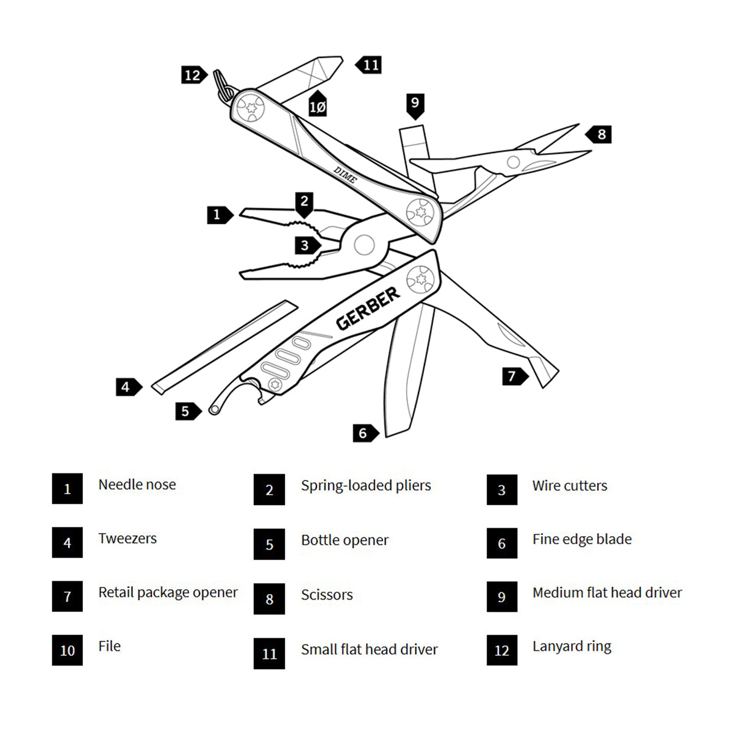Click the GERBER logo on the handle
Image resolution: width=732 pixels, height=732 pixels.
[x=368, y=308]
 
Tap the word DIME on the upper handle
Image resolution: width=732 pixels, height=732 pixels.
[x=345, y=174]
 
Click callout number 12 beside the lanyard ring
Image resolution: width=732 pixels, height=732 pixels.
[x=193, y=75]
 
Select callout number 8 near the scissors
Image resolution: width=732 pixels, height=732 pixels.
[x=600, y=134]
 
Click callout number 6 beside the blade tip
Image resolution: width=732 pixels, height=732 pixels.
[x=364, y=433]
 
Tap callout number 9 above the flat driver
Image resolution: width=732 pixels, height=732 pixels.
[x=415, y=103]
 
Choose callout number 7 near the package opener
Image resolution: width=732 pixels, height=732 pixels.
[x=513, y=376]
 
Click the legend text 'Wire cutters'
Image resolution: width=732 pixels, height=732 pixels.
[x=570, y=486]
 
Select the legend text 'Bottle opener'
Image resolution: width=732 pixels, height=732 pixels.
[x=345, y=540]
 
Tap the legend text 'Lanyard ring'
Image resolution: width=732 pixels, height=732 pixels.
[x=572, y=646]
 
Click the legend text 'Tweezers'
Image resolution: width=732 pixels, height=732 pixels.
[x=127, y=538]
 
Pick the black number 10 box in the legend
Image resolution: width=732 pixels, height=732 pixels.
[x=67, y=650]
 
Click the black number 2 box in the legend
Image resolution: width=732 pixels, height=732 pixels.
[x=269, y=490]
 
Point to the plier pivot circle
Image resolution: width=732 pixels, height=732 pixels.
[x=364, y=245]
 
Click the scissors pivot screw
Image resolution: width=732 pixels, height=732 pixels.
[x=514, y=162]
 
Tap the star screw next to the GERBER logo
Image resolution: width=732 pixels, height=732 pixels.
[x=420, y=279]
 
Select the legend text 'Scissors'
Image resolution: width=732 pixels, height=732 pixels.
[x=327, y=595]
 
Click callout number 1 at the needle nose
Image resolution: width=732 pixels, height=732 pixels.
[x=218, y=215]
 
